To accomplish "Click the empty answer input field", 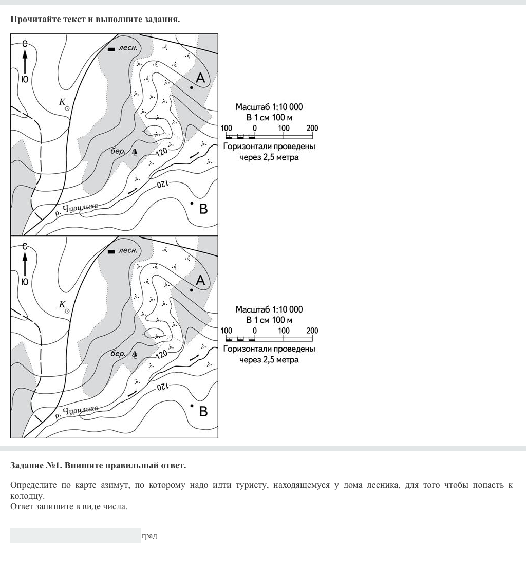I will [75, 536].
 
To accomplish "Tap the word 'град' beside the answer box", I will [149, 536].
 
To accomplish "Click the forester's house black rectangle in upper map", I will [111, 49].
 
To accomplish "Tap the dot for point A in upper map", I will [192, 88].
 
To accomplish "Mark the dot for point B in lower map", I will [192, 406].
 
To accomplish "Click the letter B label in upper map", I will [203, 209].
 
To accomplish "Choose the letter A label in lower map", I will [200, 280].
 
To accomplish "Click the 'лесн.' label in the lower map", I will [128, 251].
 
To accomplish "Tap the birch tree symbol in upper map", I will [135, 152].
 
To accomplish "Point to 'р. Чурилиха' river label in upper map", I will [77, 209].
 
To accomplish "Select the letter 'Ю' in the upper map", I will [25, 80].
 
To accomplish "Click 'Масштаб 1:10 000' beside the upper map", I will [269, 107].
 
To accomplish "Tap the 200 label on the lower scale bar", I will [312, 331].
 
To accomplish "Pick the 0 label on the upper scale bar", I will [255, 128].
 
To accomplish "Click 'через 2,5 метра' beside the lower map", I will [269, 360].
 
